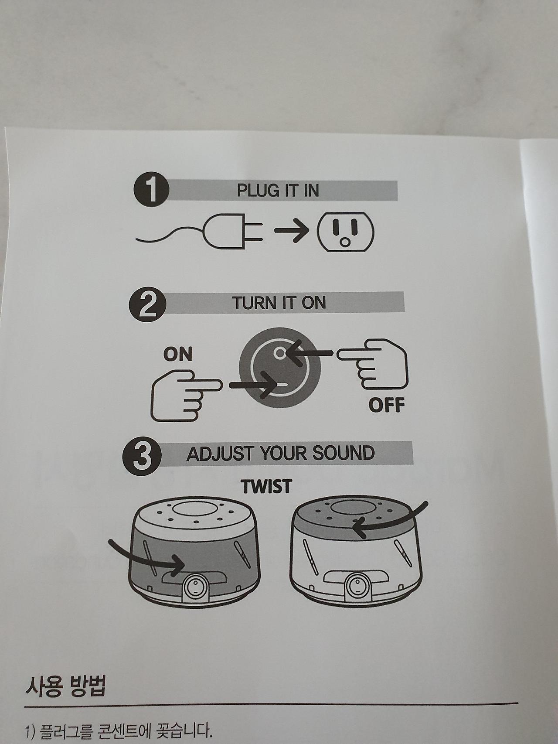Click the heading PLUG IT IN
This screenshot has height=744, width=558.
[278, 191]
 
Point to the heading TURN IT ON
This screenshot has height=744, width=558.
[279, 303]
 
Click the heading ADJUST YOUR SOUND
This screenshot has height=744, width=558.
[280, 454]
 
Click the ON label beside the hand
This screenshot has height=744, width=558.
[178, 355]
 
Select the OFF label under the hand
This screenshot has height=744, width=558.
[387, 405]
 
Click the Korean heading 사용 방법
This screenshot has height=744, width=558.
[65, 688]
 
